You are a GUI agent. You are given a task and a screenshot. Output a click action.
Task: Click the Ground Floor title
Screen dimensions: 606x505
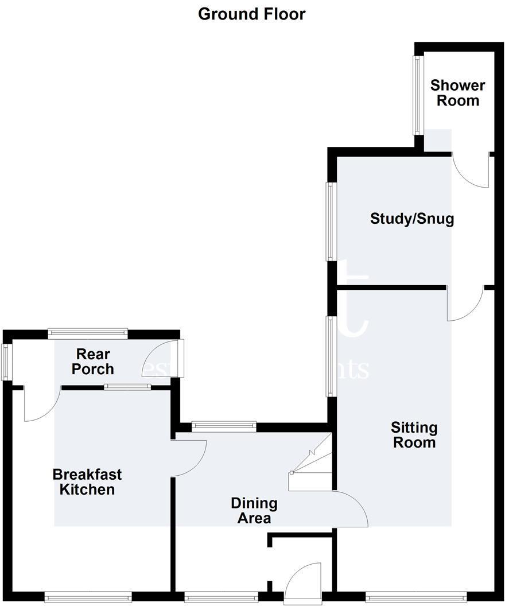tap(252, 14)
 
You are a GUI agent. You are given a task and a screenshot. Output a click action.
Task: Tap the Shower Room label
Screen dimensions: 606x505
tap(458, 93)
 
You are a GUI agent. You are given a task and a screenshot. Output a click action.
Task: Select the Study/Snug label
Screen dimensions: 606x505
tap(412, 219)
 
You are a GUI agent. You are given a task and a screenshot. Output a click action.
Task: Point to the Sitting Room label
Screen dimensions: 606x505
tap(414, 435)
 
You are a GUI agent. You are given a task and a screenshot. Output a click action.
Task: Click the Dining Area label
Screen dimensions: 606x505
tap(254, 511)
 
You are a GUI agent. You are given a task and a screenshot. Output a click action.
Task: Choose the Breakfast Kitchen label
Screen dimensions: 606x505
tap(87, 482)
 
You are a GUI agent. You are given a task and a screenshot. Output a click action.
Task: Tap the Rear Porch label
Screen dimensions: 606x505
tap(92, 362)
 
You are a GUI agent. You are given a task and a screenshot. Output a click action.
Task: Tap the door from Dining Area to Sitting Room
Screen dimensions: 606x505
tap(350, 508)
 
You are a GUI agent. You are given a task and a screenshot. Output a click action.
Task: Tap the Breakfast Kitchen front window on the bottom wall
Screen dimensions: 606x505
tap(88, 597)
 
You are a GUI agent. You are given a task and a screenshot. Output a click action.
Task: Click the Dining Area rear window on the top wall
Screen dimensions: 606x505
tap(223, 426)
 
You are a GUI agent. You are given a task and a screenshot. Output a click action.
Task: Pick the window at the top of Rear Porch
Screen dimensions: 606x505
tap(87, 331)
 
